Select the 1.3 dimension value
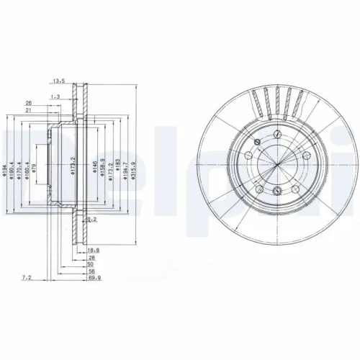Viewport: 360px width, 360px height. click(55, 96)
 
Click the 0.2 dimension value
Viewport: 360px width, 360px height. click(91, 219)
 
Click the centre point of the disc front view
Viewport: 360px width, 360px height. click(278, 162)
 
